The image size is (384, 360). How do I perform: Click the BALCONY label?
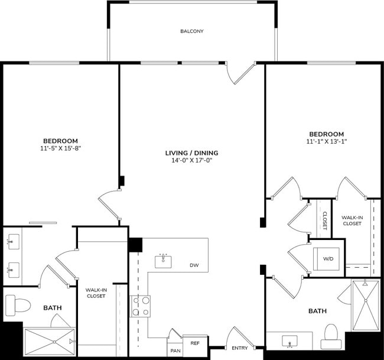(192, 31)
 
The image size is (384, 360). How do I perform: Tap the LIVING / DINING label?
(188, 153)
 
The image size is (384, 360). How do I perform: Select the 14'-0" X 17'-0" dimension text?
(188, 160)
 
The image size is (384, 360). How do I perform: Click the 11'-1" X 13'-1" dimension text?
(325, 142)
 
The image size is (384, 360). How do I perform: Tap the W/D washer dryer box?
(328, 258)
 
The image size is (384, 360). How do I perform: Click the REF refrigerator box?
(194, 342)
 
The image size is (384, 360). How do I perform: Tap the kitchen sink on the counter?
(164, 261)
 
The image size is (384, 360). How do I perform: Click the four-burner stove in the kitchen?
(141, 306)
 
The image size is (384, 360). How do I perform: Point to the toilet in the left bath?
(18, 306)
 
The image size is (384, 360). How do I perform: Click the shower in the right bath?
(365, 306)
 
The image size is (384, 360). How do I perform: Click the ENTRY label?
(240, 348)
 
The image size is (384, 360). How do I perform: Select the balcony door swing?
(239, 72)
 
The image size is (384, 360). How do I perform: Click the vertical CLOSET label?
(325, 220)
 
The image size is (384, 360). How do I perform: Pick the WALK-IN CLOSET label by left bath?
(96, 293)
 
